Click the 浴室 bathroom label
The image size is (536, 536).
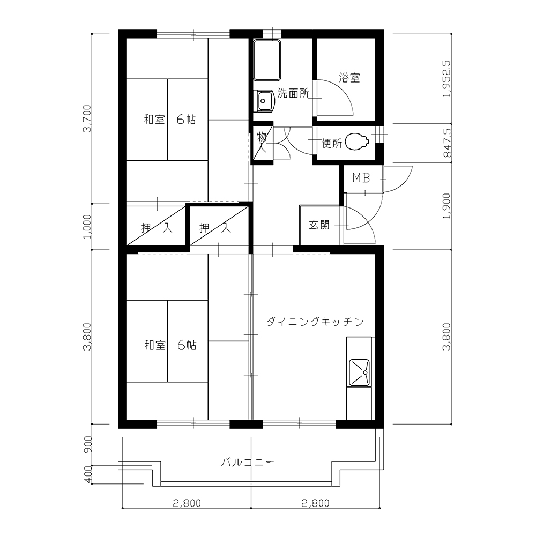click(x=349, y=78)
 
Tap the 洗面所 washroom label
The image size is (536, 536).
click(x=293, y=93)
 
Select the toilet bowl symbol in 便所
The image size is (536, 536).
click(x=356, y=142)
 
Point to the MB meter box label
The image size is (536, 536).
click(x=361, y=178)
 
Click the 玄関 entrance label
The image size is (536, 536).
click(x=319, y=225)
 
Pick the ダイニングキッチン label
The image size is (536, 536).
click(x=315, y=322)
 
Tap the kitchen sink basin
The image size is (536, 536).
click(x=359, y=372)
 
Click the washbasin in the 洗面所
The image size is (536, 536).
click(x=264, y=101)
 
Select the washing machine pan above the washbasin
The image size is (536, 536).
click(x=267, y=60)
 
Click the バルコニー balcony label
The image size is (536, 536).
click(x=248, y=463)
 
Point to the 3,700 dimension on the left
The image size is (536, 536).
click(x=87, y=118)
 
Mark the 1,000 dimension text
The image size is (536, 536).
click(x=87, y=227)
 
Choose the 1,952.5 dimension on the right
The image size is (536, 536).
click(x=447, y=79)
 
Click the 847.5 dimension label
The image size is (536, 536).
click(x=447, y=143)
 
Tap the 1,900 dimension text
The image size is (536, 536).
click(x=447, y=206)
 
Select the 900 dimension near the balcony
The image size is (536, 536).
click(x=87, y=444)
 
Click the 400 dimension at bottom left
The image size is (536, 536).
click(x=87, y=475)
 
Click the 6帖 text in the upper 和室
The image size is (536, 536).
click(x=186, y=120)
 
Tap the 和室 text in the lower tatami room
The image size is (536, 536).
click(x=155, y=345)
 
